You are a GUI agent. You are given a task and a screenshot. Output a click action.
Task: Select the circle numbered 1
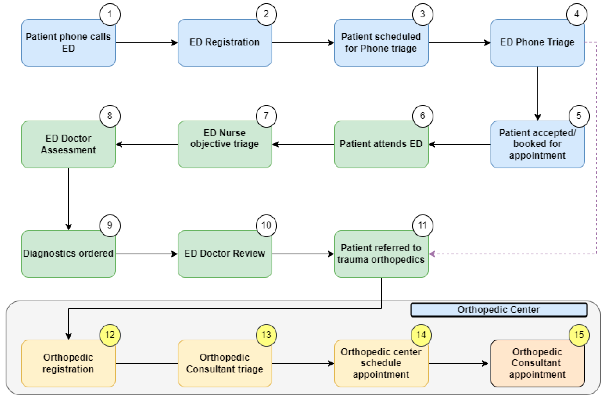[110, 14]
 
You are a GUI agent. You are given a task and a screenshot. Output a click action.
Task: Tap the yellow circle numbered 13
[266, 335]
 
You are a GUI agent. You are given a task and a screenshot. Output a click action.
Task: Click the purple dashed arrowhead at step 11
[432, 254]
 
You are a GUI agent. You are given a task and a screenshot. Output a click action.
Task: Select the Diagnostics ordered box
[68, 254]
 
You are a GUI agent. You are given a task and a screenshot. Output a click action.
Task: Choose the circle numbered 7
[266, 116]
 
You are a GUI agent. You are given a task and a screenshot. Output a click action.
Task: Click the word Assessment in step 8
[68, 150]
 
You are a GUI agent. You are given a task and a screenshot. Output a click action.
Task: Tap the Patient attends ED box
[381, 144]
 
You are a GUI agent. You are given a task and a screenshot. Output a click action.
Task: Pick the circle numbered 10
[266, 225]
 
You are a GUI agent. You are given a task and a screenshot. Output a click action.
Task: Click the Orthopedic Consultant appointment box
[537, 363]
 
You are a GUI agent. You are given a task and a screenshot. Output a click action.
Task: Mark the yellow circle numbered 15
[579, 335]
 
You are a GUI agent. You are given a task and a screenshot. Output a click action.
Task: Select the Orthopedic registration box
[68, 363]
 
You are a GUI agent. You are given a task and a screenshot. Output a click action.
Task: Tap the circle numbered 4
[577, 14]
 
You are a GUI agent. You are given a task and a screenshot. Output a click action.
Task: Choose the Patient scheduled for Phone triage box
[381, 42]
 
